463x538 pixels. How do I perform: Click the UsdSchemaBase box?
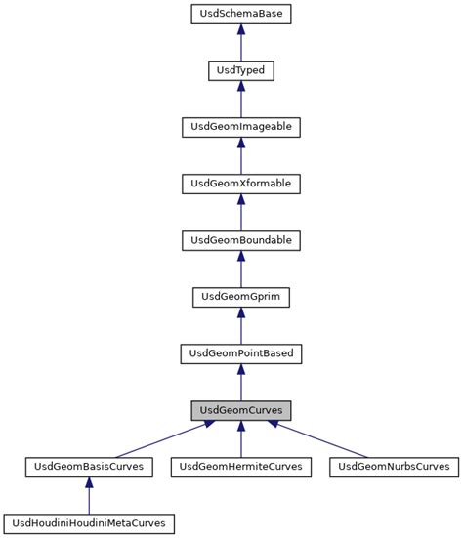(240, 15)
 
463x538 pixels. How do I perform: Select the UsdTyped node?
(240, 70)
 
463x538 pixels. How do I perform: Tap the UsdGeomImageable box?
(240, 127)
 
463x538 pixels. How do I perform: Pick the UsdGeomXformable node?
(240, 183)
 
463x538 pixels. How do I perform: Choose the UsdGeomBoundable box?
(240, 239)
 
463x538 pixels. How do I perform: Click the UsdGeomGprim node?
(240, 296)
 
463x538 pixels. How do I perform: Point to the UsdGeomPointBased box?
(240, 352)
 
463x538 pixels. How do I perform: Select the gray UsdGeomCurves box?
(240, 409)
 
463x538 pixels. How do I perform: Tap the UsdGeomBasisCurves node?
(89, 466)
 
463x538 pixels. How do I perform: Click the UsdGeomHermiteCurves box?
(240, 466)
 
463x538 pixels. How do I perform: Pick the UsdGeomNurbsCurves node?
(393, 466)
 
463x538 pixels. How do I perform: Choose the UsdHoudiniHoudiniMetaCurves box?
(89, 522)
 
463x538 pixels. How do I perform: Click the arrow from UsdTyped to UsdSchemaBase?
(240, 43)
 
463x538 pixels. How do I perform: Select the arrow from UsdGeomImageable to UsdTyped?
(240, 99)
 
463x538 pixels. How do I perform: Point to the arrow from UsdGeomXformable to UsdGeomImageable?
(240, 155)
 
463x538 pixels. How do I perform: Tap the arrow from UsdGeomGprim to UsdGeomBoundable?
(240, 268)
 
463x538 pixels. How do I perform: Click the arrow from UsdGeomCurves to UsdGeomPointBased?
(240, 381)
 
